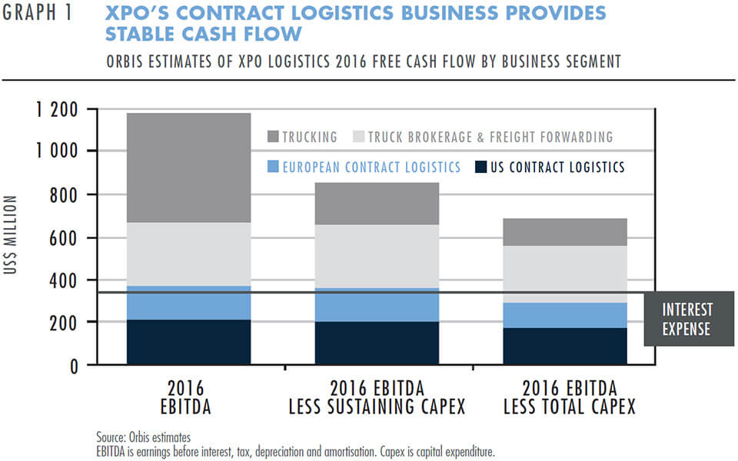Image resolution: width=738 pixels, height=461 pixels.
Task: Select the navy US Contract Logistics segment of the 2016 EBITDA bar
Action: coord(188,341)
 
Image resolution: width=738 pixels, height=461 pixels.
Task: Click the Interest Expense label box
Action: coord(687,319)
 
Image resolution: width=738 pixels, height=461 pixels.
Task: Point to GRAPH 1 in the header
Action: coord(38,15)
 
